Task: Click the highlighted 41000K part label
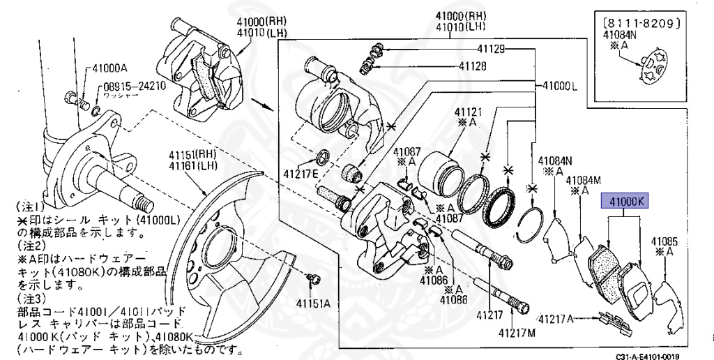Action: pyautogui.click(x=625, y=202)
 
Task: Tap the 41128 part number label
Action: pyautogui.click(x=474, y=67)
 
